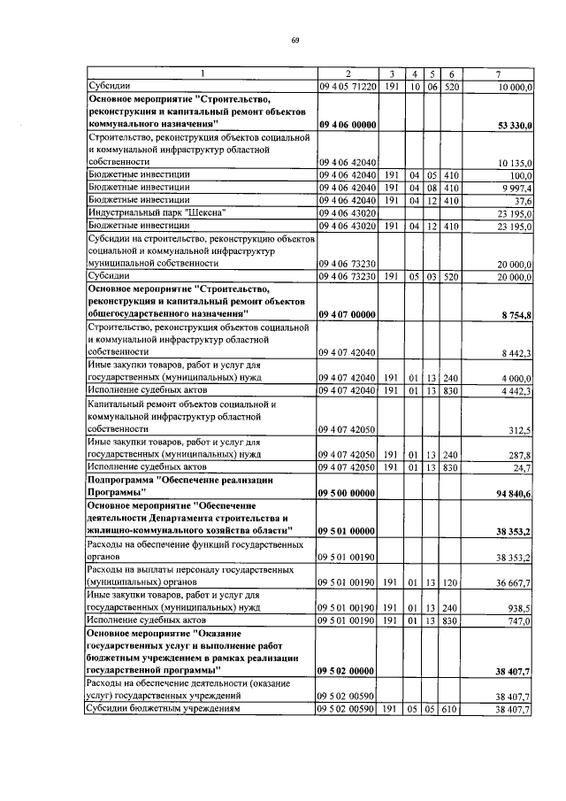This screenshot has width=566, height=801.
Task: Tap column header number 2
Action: (348, 73)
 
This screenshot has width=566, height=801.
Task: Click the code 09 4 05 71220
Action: (348, 86)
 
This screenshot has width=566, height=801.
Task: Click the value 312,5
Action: (519, 430)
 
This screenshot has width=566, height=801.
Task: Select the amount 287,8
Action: (519, 455)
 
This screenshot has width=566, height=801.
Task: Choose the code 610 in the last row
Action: (451, 710)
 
